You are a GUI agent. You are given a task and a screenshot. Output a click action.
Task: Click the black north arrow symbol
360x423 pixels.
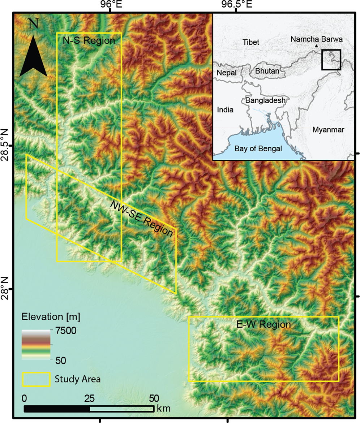tap(33, 56)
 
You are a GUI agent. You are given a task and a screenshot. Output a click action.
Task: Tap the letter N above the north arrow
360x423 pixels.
tap(33, 24)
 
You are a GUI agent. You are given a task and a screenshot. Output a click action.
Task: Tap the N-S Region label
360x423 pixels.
tap(89, 40)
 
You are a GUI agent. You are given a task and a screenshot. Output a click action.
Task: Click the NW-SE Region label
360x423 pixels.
tap(142, 219)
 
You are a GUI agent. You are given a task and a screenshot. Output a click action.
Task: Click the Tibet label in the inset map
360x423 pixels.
tap(251, 42)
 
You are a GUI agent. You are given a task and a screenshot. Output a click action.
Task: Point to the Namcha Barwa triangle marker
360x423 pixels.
tap(316, 46)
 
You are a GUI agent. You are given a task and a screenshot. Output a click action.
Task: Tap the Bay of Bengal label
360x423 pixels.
tap(258, 148)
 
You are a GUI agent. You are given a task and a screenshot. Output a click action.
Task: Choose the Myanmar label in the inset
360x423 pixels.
tap(328, 129)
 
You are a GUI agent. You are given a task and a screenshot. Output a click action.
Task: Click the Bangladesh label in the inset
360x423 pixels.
tap(265, 100)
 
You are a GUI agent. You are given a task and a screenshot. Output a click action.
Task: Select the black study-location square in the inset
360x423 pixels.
tap(331, 60)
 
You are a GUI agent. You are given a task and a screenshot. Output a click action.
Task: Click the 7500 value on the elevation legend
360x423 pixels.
tap(65, 331)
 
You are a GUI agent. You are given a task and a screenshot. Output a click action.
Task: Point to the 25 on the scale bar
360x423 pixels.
tap(89, 399)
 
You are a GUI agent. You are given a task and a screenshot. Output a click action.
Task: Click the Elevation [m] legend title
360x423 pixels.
tap(51, 317)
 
